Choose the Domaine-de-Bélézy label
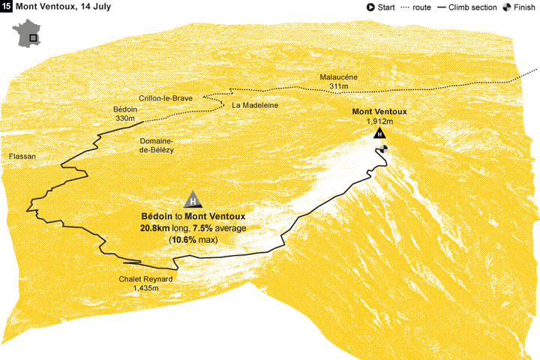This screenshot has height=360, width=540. pyautogui.click(x=156, y=145)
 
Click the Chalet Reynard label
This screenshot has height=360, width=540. pyautogui.click(x=145, y=279)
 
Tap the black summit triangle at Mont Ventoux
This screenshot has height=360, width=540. pyautogui.click(x=379, y=133)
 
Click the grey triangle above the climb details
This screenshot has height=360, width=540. pyautogui.click(x=193, y=200)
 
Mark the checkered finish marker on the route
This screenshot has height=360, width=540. pyautogui.click(x=384, y=148)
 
